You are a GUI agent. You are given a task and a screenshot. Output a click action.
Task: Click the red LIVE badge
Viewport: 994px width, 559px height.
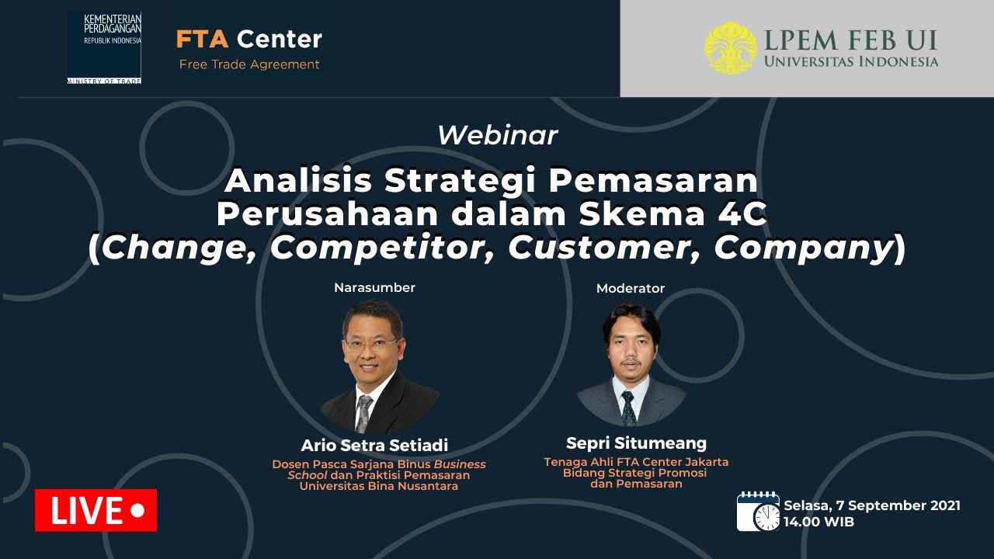96,510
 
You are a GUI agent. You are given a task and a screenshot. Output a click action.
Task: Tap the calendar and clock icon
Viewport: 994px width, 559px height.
758,512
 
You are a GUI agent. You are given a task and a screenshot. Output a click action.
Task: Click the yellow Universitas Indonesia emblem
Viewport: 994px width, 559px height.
731,48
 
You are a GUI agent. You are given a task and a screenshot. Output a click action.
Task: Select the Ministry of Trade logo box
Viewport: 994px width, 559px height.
104,48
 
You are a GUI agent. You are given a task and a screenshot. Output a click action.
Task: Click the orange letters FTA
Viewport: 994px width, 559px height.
203,39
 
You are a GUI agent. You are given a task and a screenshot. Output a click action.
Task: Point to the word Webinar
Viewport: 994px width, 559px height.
498,135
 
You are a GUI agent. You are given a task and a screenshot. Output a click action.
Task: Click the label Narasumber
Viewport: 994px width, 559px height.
374,287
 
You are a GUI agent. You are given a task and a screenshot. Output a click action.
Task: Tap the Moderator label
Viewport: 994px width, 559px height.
630,288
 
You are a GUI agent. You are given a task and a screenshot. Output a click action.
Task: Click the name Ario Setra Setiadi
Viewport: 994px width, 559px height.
374,445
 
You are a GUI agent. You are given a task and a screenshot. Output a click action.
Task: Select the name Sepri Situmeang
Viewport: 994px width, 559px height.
636,443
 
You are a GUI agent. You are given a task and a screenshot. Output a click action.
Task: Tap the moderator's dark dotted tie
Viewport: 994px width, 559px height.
628,408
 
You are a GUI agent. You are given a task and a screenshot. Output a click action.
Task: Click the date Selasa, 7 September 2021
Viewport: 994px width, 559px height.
872,505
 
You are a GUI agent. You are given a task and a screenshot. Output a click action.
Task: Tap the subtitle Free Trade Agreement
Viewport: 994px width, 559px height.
249,64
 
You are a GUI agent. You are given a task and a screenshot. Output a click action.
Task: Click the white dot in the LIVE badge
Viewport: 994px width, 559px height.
138,510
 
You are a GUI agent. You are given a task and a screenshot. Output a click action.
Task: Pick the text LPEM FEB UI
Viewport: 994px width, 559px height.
850,41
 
